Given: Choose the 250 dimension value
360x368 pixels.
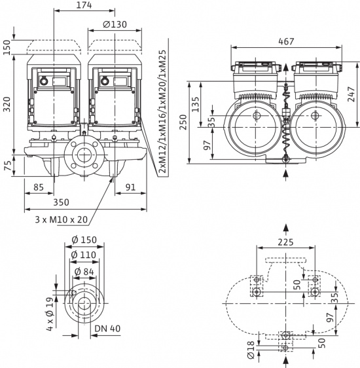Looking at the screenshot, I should coord(185,124).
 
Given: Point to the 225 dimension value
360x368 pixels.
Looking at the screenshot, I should coord(286,241).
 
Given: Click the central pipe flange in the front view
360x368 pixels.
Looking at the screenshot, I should coord(83,158).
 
